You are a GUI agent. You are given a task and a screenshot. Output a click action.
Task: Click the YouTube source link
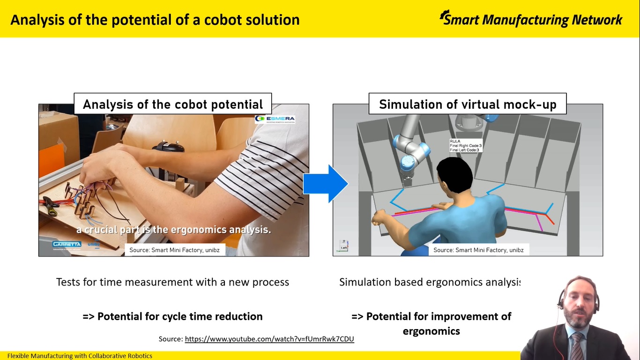(x=269, y=339)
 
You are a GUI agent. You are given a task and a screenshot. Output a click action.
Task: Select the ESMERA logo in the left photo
(x=275, y=119)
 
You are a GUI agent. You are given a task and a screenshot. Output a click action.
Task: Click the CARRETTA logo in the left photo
(x=67, y=244)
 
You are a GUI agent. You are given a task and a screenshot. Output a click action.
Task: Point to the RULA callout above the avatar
(x=465, y=145)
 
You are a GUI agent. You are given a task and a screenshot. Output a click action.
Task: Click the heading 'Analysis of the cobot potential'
(x=173, y=104)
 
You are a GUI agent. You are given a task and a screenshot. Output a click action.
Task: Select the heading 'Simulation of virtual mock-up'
(x=467, y=104)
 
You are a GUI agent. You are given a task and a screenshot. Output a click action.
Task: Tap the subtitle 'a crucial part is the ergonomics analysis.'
(x=173, y=230)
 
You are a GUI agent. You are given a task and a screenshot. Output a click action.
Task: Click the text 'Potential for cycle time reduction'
(x=179, y=316)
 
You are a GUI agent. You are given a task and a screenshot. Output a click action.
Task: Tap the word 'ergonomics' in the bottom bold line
(x=431, y=331)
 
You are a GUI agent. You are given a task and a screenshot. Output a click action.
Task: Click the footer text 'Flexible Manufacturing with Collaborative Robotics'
(x=80, y=356)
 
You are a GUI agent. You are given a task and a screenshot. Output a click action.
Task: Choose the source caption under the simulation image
(x=478, y=250)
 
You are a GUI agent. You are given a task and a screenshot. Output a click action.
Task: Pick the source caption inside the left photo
(x=174, y=250)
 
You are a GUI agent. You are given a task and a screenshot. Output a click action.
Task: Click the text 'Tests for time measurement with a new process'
(x=172, y=282)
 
